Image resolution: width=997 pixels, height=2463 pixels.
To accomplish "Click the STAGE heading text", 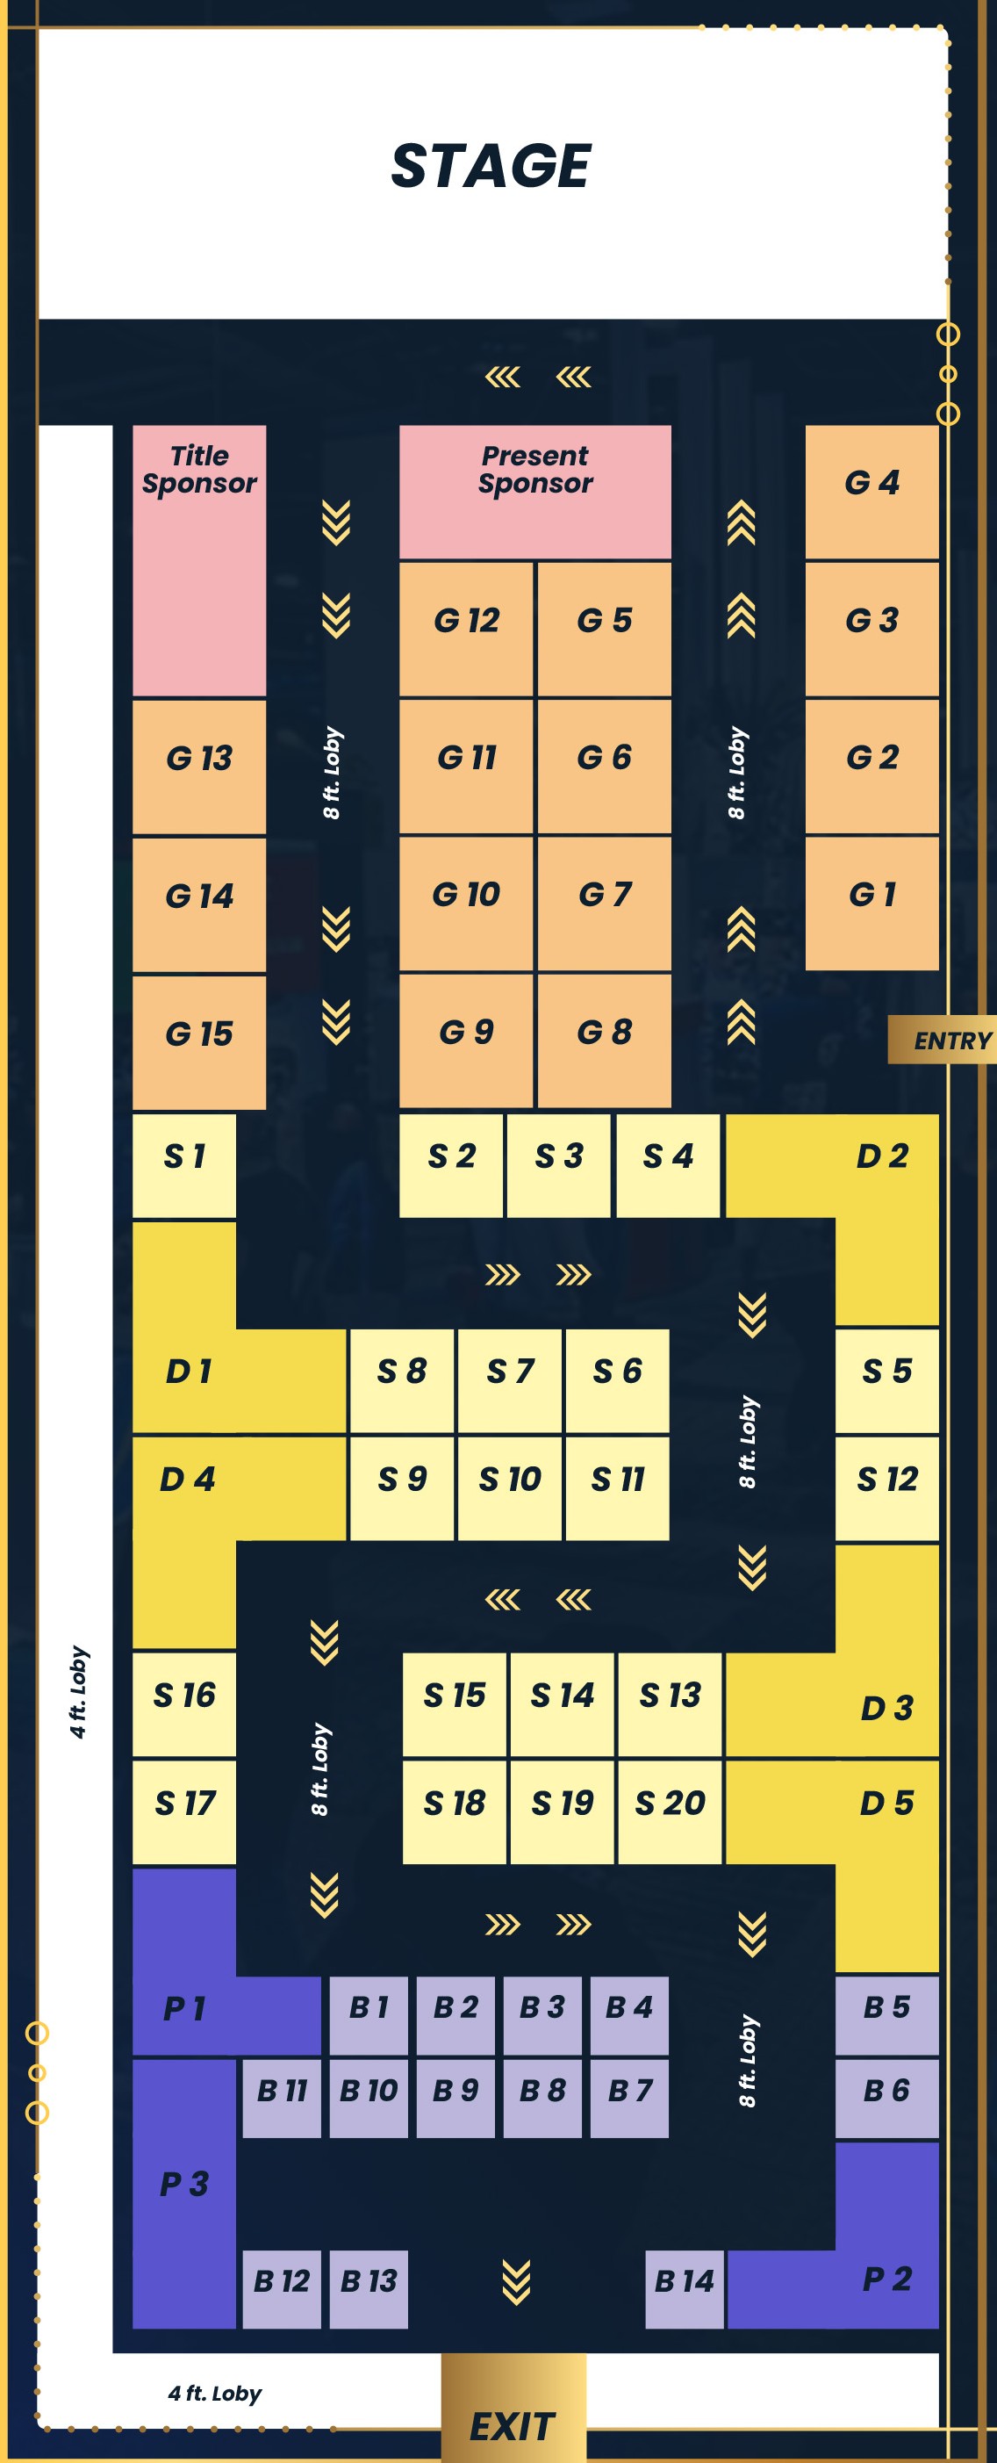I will (491, 165).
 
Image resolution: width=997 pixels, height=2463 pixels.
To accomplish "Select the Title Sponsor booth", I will (199, 559).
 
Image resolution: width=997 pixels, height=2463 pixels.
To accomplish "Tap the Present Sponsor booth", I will (534, 491).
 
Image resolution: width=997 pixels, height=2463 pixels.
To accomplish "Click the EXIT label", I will (513, 2426).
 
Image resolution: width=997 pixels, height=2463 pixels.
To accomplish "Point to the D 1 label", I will (189, 1371).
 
